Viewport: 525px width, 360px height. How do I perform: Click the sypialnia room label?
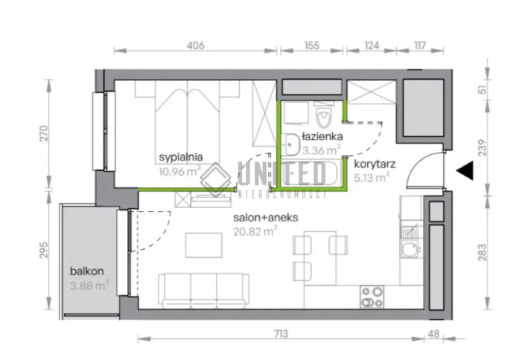pos(181,157)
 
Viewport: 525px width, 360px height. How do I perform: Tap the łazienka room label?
pos(322,136)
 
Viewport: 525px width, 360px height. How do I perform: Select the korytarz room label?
pos(375,164)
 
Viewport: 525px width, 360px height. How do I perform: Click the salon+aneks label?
pos(266,218)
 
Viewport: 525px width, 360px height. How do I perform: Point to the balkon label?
pos(86,271)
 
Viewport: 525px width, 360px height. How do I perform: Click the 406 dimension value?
pos(196,45)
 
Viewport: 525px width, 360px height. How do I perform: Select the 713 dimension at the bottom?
pos(281,334)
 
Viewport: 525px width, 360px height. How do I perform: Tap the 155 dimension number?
pos(312,45)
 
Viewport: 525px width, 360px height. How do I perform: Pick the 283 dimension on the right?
pos(482,253)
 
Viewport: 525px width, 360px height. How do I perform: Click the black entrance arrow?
pos(465,170)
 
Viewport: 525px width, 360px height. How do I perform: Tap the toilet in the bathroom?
pos(323,115)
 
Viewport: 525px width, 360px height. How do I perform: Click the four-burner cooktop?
pos(372,297)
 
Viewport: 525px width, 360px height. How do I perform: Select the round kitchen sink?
pos(410,250)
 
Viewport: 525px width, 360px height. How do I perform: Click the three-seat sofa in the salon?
pos(203,291)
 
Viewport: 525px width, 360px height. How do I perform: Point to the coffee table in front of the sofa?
pos(203,245)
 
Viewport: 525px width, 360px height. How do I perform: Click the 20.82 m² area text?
pos(255,231)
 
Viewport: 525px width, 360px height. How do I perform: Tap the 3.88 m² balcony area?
pos(89,285)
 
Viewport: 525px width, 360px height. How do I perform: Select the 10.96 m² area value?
pos(179,171)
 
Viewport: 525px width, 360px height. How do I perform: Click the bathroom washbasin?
pos(290,145)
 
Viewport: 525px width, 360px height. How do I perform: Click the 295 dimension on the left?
pos(44,250)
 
